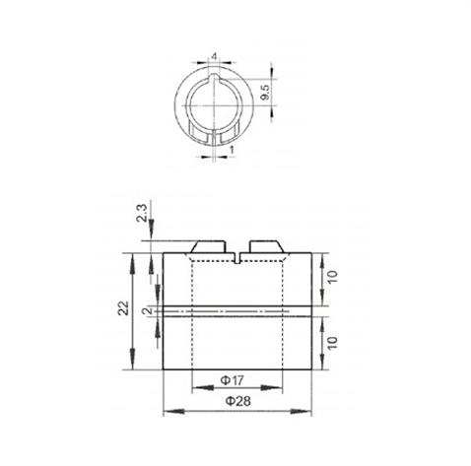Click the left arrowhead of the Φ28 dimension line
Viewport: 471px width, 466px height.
166,411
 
